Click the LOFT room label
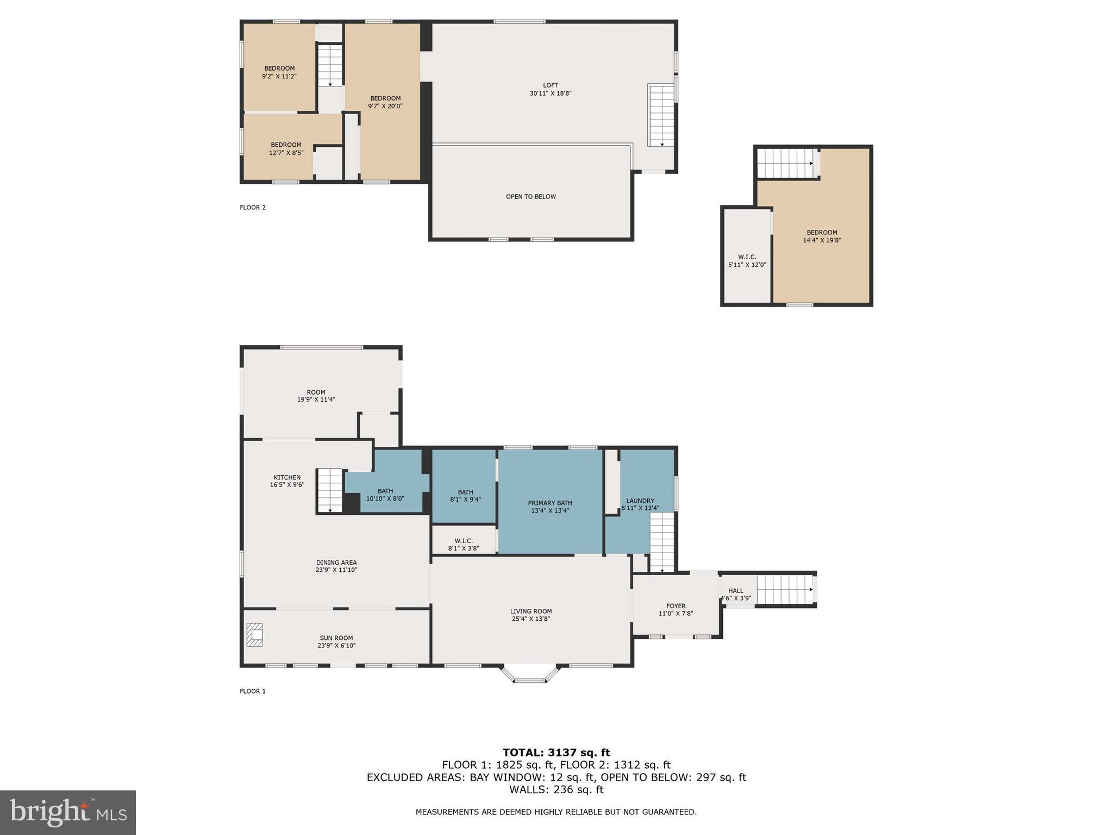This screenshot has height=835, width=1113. (x=550, y=89)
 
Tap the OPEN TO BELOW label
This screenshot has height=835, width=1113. (x=530, y=196)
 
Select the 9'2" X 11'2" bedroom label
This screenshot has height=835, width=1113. (x=279, y=72)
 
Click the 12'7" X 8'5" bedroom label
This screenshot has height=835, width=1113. (x=286, y=149)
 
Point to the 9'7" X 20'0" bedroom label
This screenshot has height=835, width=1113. (x=385, y=102)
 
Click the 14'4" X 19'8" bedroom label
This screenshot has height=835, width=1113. (x=822, y=236)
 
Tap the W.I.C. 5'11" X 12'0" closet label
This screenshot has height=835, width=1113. (x=747, y=261)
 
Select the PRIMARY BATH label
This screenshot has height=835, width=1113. (x=550, y=507)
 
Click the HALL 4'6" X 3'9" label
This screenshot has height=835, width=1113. (x=736, y=594)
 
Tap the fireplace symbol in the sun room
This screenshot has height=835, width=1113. (x=254, y=634)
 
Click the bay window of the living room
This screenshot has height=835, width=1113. (x=530, y=674)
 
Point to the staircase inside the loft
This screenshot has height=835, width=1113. (x=661, y=115)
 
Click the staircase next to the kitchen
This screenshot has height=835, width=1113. (x=330, y=490)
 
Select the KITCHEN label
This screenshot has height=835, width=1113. (x=287, y=481)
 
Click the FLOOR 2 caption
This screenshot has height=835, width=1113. (x=253, y=207)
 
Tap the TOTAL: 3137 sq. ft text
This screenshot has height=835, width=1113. (x=556, y=752)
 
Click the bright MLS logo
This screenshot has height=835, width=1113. (x=68, y=812)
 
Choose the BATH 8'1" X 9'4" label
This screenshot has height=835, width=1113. (x=465, y=495)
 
